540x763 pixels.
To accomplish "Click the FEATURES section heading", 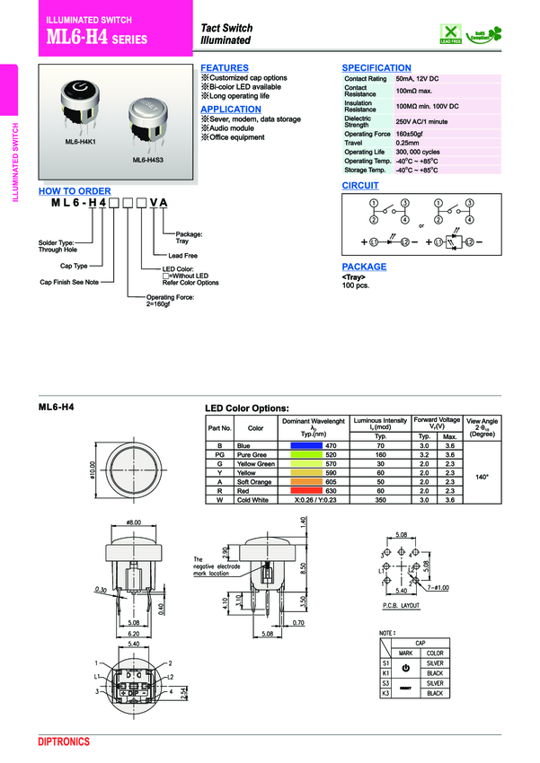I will coord(225,68).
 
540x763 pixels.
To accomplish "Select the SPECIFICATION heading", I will coord(376,68).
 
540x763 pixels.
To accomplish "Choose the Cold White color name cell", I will coord(254,500).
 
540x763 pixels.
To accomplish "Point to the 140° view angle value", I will coord(482,474).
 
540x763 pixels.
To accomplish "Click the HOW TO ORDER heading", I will coord(75,191).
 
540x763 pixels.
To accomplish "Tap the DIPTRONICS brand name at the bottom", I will coord(65,741).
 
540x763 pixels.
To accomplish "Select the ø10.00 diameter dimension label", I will coord(93,470).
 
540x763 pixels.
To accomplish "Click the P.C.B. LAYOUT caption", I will coord(400,607).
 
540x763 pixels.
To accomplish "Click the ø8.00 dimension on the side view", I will coord(134,522).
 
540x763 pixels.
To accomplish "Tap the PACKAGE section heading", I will coord(364,267).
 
